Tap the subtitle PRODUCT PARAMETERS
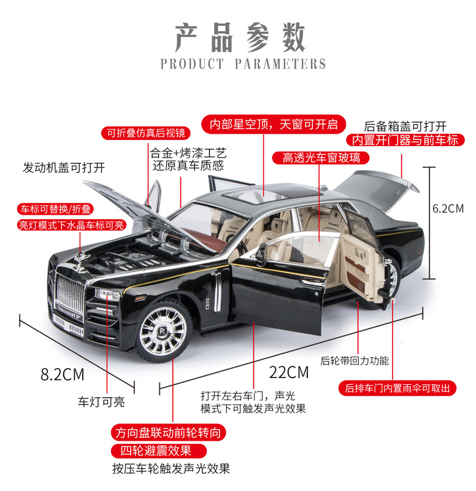[243, 64]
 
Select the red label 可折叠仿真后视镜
[145, 133]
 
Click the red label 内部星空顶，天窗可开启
[274, 124]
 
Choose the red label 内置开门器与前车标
[402, 140]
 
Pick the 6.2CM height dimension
[448, 208]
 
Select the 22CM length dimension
[289, 372]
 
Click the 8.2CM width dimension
[63, 374]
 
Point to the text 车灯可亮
[101, 402]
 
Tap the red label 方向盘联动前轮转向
[168, 433]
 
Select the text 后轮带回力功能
[355, 361]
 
